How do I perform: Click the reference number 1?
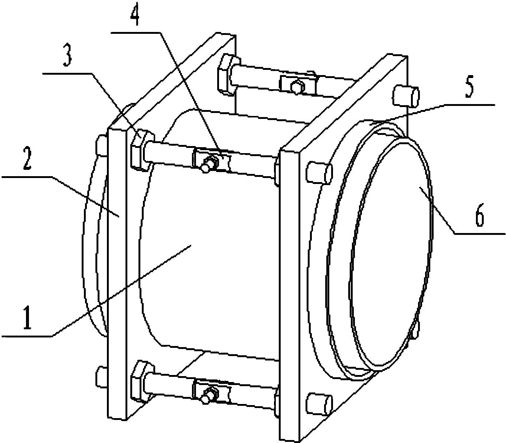[27, 317]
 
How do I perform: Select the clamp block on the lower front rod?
[212, 392]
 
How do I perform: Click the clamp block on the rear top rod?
[298, 83]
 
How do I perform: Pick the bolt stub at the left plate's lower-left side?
[101, 376]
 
